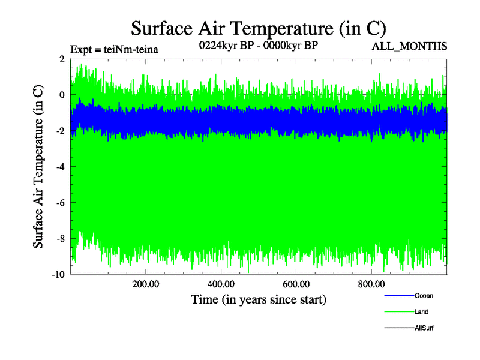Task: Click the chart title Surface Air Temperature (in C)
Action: point(258,28)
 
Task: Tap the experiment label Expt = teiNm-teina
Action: point(114,49)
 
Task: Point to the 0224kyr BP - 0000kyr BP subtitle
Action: point(257,45)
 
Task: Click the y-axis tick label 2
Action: point(62,59)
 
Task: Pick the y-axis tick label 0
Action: point(62,95)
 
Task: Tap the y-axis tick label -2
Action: point(59,131)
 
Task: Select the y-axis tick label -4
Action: point(59,167)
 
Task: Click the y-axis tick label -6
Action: point(59,203)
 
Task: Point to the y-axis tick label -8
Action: point(59,239)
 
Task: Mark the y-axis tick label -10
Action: point(58,275)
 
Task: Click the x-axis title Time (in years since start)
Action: point(259,299)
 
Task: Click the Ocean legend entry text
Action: point(424,296)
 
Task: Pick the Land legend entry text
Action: point(421,312)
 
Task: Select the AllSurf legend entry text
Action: point(424,328)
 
